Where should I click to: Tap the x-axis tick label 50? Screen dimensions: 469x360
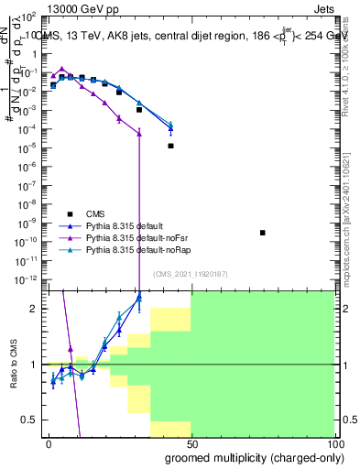coord(191,444)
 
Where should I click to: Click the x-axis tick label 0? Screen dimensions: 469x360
coord(48,444)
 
